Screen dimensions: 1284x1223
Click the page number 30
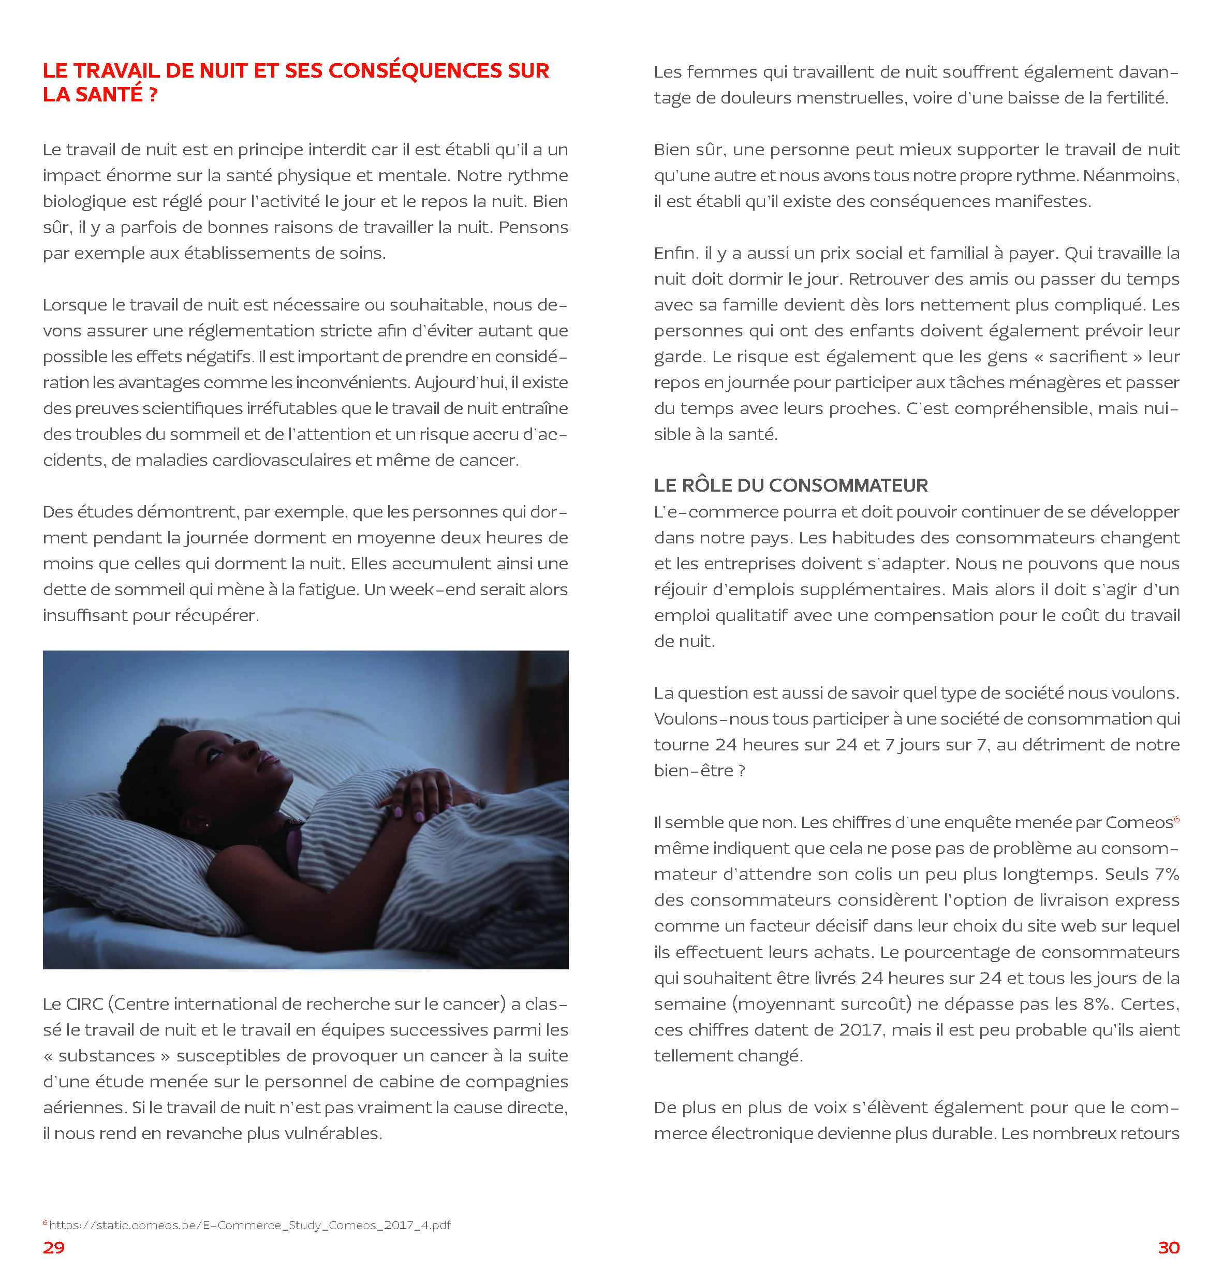pyautogui.click(x=1168, y=1247)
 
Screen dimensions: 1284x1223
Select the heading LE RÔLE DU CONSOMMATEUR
pyautogui.click(x=790, y=485)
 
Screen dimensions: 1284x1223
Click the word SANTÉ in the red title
pyautogui.click(x=109, y=95)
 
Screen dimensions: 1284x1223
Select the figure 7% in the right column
pyautogui.click(x=1166, y=875)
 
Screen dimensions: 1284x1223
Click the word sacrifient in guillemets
pyautogui.click(x=1087, y=357)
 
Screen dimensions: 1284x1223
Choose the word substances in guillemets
pyautogui.click(x=107, y=1056)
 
